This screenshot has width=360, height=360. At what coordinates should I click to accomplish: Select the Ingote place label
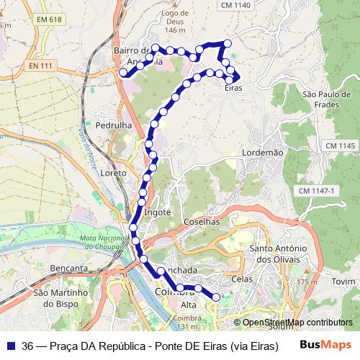point(158,212)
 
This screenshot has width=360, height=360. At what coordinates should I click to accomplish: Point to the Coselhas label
point(201,222)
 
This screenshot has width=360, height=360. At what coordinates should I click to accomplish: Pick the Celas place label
point(243,277)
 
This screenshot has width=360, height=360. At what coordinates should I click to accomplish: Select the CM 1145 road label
point(340,145)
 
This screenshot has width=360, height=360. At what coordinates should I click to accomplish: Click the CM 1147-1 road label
point(317,190)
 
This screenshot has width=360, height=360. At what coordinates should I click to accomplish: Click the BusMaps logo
point(325,345)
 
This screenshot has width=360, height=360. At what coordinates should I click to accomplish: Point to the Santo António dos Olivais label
point(281,253)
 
